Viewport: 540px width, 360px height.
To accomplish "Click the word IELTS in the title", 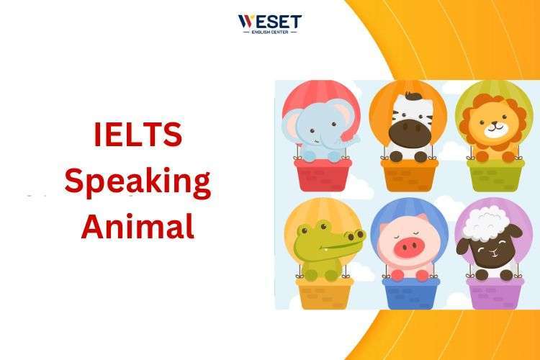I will [x=138, y=135].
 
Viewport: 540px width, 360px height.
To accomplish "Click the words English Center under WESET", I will [x=270, y=32].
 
